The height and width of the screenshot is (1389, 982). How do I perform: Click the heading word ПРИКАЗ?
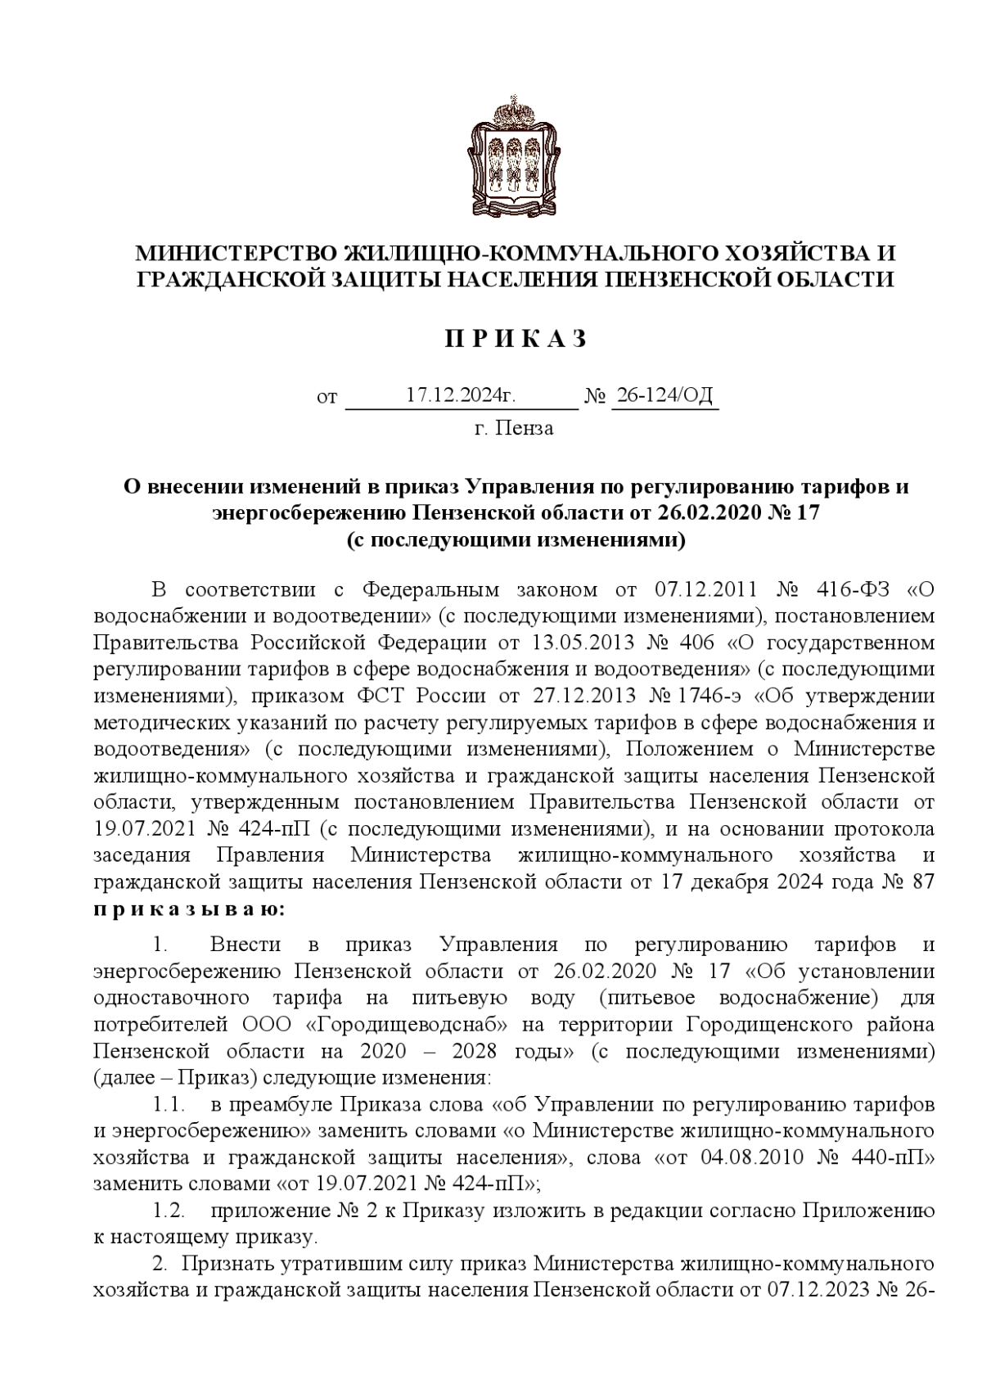tap(516, 339)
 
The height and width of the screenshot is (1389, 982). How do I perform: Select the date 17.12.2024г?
tap(461, 396)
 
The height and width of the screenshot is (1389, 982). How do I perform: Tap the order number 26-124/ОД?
tap(664, 396)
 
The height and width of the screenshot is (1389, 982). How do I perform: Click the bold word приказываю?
tap(189, 909)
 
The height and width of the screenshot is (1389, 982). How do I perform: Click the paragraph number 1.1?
tap(169, 1105)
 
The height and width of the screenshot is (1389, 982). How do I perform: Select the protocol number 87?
tap(923, 882)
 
